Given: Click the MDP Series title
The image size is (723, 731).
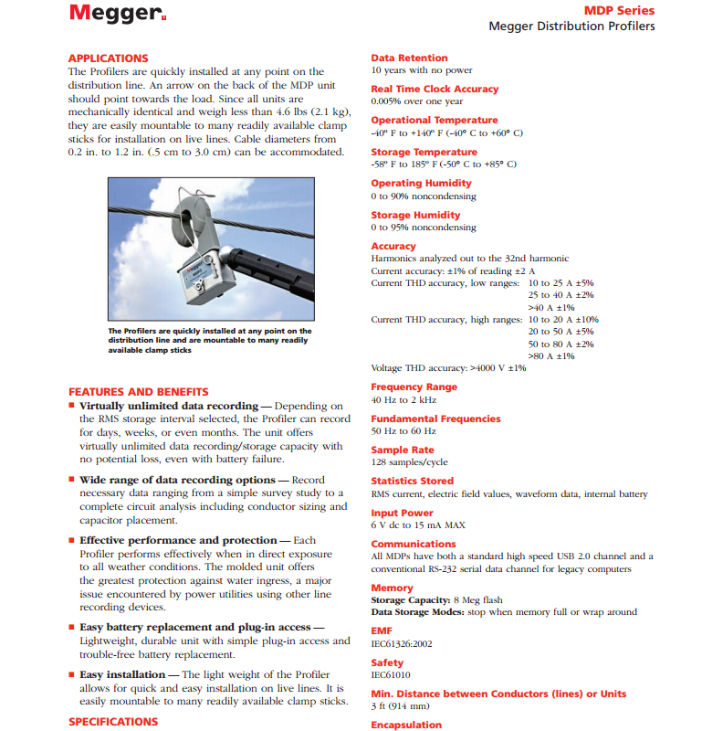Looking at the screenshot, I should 620,11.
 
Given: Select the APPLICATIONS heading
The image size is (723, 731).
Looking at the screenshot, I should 108,58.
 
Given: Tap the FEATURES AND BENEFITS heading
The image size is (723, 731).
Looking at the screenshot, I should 139,392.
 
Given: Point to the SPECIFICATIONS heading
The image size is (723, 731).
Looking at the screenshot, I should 113,722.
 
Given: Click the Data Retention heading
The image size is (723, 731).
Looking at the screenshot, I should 409,58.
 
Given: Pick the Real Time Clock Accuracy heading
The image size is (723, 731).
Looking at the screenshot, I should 435,89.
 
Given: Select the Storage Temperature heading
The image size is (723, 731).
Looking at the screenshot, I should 424,152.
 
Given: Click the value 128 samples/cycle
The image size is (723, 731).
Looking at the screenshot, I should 410,462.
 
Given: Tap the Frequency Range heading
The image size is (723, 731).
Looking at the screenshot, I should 414,387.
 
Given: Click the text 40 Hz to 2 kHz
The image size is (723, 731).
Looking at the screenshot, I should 403,399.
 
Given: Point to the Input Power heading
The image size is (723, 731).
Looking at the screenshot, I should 402,513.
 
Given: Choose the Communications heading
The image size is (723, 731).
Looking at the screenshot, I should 414,544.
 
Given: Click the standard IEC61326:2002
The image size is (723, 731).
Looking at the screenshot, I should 402,643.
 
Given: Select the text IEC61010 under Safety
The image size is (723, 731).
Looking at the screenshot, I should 391,675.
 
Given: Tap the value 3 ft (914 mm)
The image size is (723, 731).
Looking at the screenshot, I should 400,706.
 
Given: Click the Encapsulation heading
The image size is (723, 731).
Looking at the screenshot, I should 406,725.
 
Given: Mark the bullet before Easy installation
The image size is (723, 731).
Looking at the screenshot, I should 72,674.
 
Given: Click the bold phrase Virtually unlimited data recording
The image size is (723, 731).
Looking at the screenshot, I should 169,406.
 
